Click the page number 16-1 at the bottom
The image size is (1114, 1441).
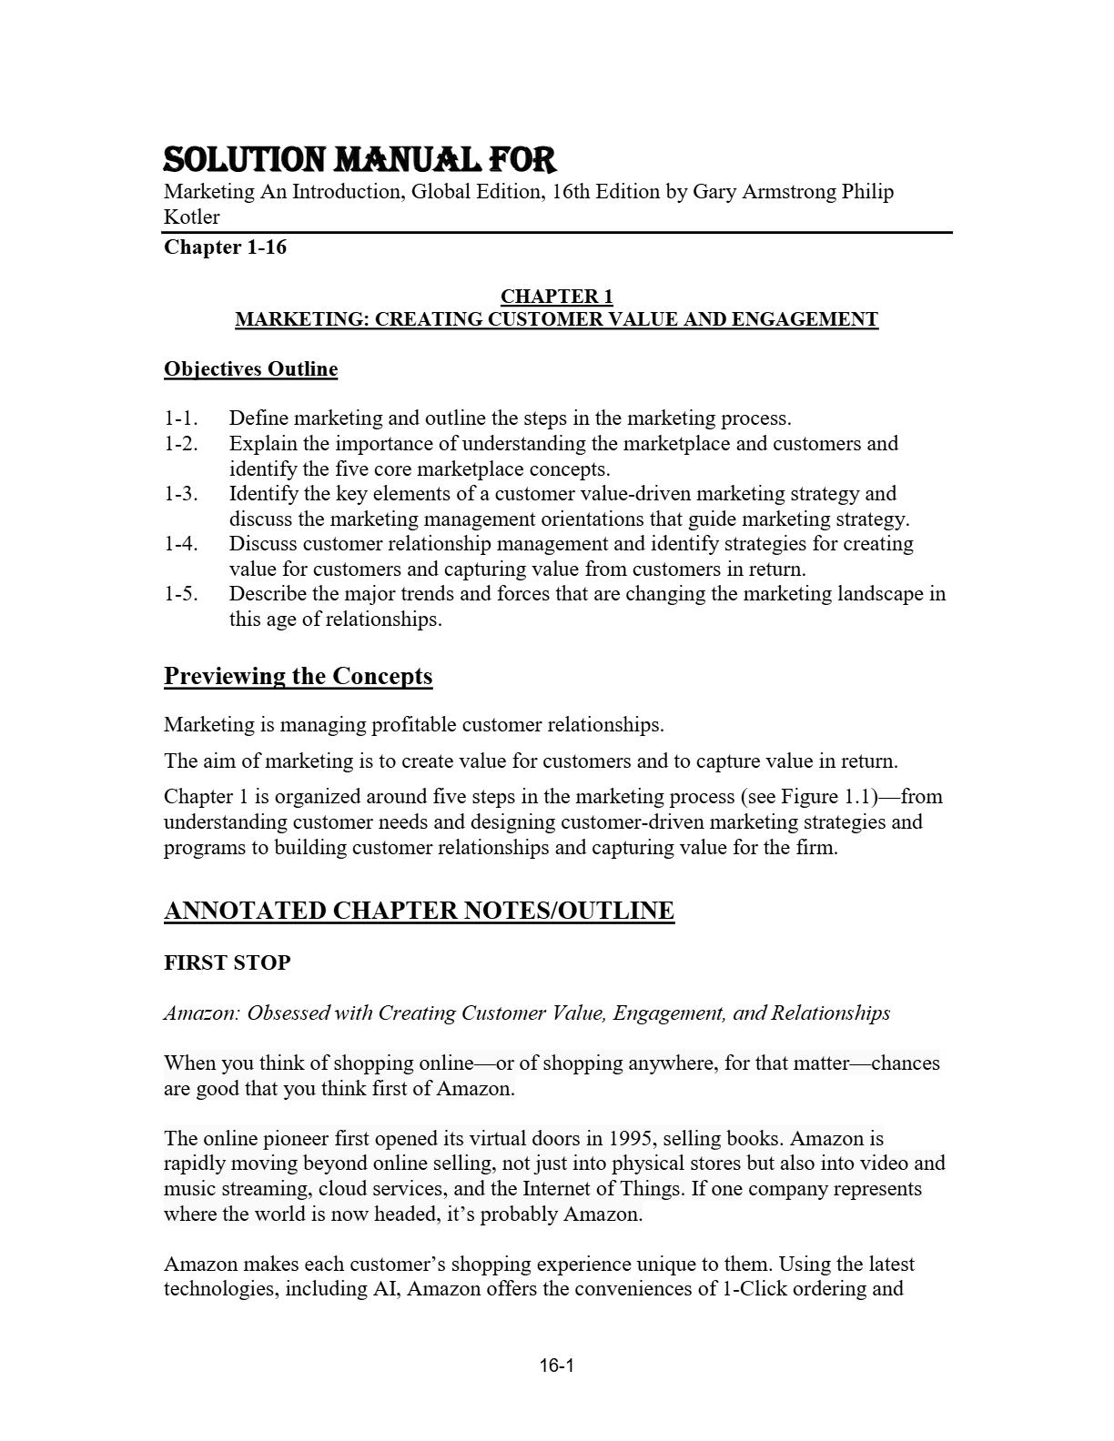556,1365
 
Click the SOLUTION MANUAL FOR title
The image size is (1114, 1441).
360,160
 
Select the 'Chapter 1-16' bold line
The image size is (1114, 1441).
225,247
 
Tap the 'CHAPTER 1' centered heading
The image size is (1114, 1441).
556,297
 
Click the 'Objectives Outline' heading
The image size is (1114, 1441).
250,369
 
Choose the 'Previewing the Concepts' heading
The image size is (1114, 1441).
298,676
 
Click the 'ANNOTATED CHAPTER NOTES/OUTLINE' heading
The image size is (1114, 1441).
419,911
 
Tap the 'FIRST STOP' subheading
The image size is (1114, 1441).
227,962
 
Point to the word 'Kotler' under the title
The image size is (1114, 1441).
191,217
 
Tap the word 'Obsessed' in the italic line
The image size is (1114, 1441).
288,1013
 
